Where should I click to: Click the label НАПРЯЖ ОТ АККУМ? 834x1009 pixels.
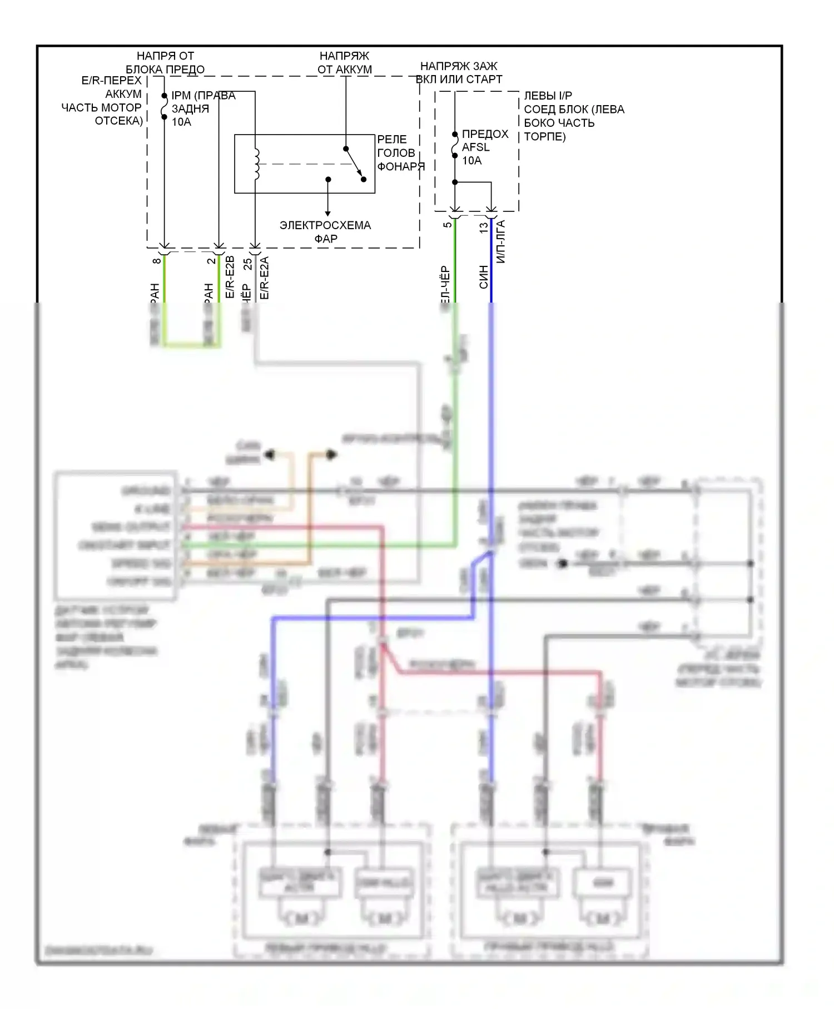click(344, 63)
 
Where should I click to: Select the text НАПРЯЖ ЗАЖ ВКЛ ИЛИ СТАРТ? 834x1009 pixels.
click(459, 73)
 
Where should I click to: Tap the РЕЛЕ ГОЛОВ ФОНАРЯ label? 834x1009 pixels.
click(399, 153)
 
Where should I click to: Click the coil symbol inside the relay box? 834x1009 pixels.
click(256, 164)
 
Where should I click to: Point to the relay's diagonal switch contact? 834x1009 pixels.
click(354, 164)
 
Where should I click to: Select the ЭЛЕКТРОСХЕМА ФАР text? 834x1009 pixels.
click(325, 232)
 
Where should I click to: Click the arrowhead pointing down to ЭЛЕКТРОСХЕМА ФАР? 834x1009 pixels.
click(327, 213)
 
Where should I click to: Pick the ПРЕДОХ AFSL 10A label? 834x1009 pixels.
click(484, 147)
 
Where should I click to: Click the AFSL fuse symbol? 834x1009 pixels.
click(455, 145)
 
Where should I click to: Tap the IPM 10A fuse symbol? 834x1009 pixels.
click(165, 106)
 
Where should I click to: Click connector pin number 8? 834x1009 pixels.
click(157, 260)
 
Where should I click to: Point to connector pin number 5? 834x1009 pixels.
click(448, 225)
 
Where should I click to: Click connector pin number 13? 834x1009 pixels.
click(483, 227)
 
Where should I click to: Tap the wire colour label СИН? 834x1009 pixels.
click(483, 276)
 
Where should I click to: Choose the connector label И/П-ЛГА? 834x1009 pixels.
click(500, 242)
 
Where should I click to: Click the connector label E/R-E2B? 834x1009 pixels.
click(230, 277)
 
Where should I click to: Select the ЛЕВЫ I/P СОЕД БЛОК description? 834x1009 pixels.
click(573, 116)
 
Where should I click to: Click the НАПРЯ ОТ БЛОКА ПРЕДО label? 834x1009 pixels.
click(165, 63)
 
